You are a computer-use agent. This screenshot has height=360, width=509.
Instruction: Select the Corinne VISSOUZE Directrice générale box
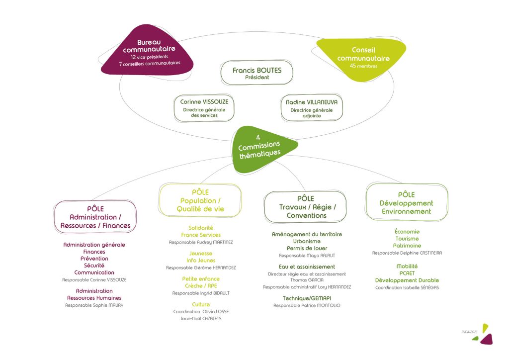click(x=204, y=108)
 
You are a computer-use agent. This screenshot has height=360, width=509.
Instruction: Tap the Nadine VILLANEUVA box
click(x=312, y=108)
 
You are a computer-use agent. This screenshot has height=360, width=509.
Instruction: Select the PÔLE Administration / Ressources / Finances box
click(x=95, y=217)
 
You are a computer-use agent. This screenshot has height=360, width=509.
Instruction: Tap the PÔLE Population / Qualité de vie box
click(x=200, y=200)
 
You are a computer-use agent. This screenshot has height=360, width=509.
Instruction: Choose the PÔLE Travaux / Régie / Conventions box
click(x=306, y=207)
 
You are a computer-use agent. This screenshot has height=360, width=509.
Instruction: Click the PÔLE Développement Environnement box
click(x=407, y=202)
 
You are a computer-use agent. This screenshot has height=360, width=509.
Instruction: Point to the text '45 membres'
click(x=363, y=66)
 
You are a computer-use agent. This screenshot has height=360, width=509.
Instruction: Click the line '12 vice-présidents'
click(x=150, y=57)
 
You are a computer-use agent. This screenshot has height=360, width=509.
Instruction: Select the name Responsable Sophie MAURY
click(x=94, y=305)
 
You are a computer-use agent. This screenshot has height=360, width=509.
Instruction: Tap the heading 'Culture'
click(x=201, y=304)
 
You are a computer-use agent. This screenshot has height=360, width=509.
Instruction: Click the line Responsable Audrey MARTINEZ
click(x=201, y=242)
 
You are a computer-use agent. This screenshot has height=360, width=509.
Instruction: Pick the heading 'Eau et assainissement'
click(x=307, y=267)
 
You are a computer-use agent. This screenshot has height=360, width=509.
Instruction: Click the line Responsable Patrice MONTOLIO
click(x=307, y=305)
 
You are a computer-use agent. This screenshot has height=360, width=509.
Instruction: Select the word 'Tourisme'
click(x=407, y=239)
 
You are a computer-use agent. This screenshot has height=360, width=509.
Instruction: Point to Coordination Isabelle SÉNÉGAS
click(x=407, y=287)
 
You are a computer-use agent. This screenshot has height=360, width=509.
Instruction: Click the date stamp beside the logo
click(x=469, y=332)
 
